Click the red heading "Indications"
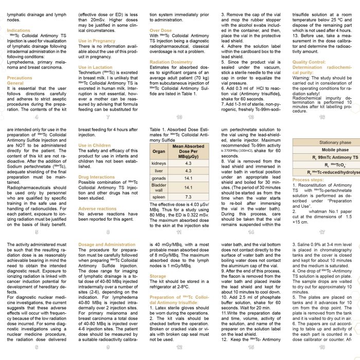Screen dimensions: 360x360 (x=19, y=30)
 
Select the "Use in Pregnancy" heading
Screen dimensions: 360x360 (x=97, y=41)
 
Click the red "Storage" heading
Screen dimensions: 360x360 (x=158, y=276)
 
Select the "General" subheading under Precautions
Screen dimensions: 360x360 (x=15, y=83)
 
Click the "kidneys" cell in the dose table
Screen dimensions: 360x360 (x=159, y=163)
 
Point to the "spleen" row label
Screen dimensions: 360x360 (x=159, y=197)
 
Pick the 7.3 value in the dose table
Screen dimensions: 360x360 (x=188, y=197)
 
